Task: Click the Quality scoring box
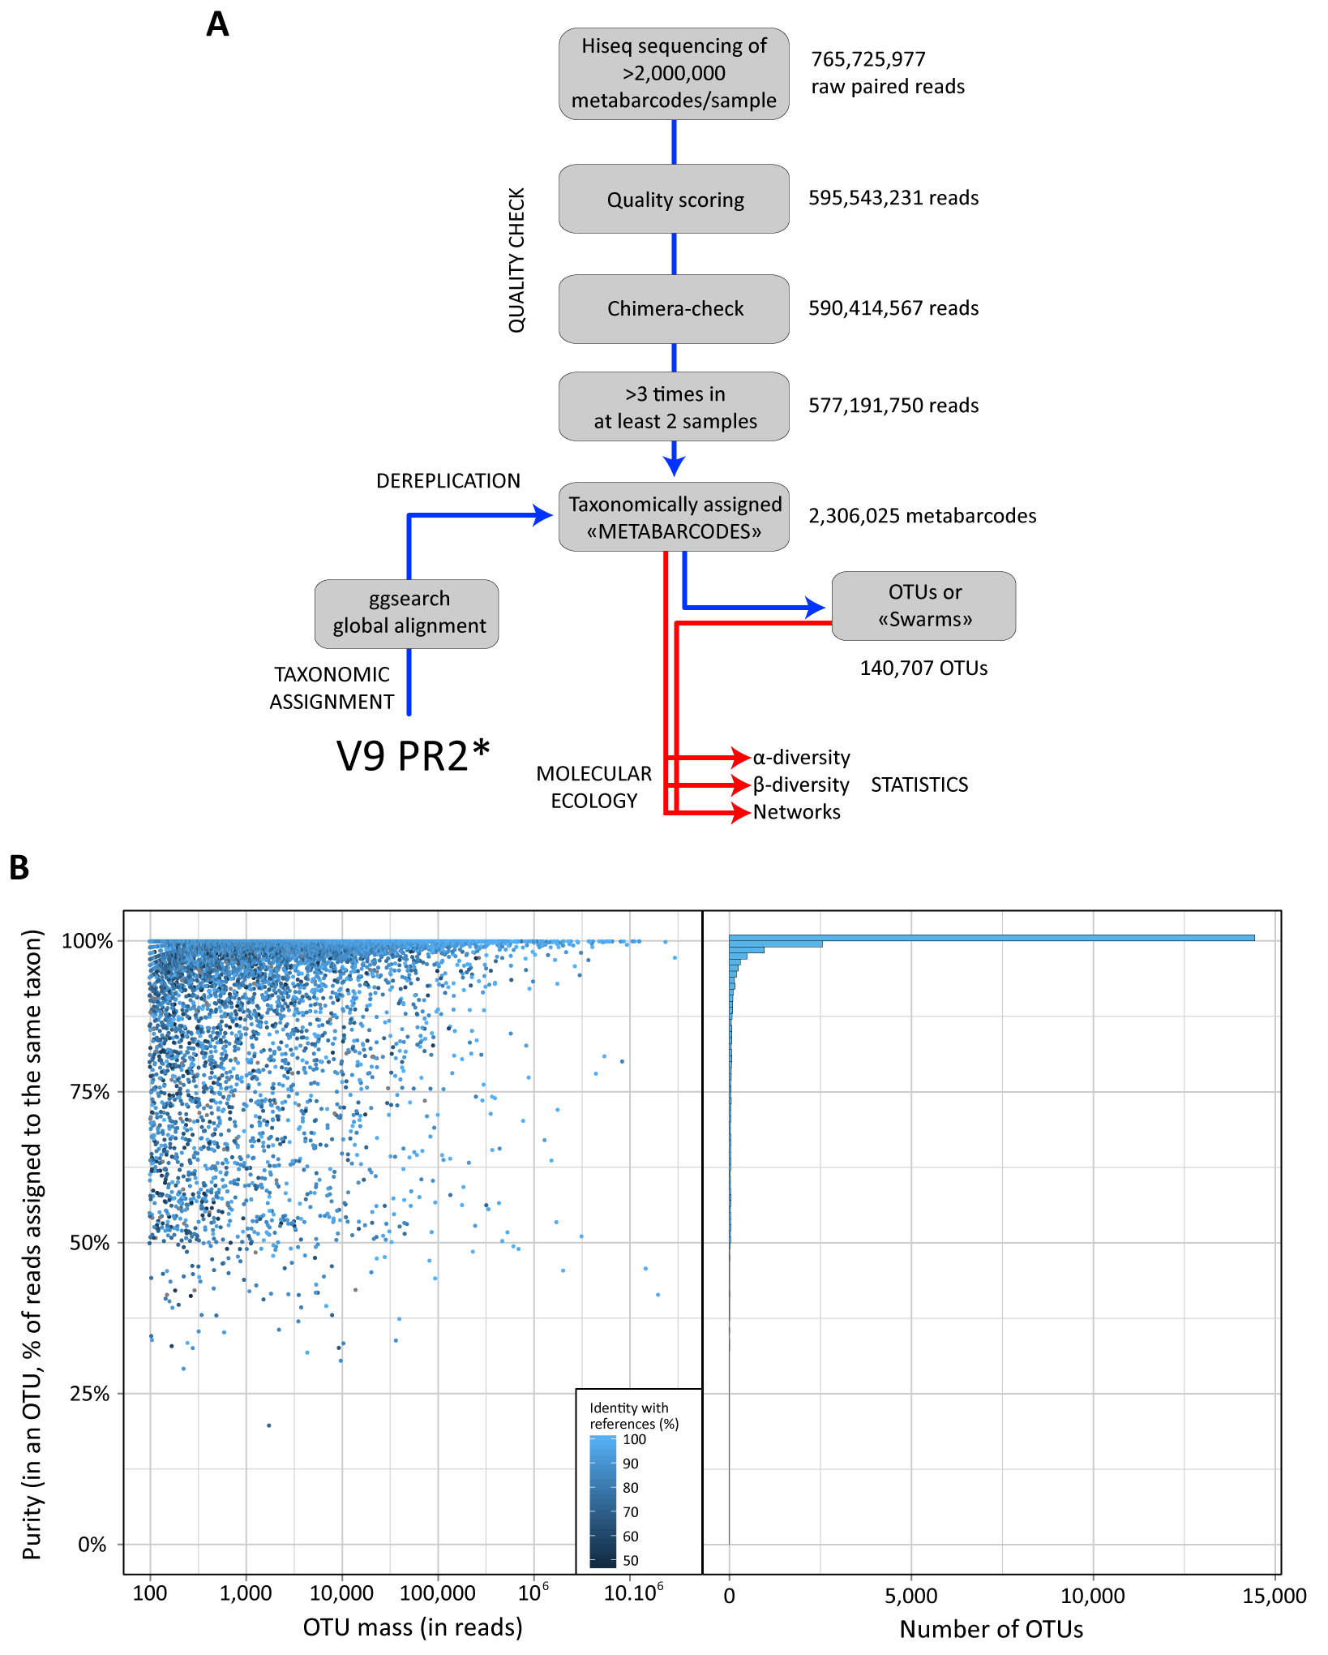click(x=674, y=200)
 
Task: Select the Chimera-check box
click(x=674, y=309)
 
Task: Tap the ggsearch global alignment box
click(x=407, y=613)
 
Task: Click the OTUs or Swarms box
click(x=923, y=606)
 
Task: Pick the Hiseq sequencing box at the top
click(x=674, y=74)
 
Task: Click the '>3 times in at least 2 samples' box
click(x=674, y=407)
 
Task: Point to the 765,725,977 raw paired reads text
click(x=887, y=73)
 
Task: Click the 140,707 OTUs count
click(x=923, y=668)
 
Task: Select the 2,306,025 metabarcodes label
click(x=922, y=516)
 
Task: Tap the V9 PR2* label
click(x=413, y=756)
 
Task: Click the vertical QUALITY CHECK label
click(x=516, y=260)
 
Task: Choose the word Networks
click(x=796, y=812)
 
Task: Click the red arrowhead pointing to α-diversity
click(x=740, y=757)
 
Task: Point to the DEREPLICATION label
click(x=448, y=481)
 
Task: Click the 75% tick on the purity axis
click(x=90, y=1092)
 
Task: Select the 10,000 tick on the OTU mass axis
click(x=341, y=1593)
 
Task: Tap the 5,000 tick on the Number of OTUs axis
click(x=910, y=1596)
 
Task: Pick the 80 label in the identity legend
click(x=631, y=1487)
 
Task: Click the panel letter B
click(x=19, y=868)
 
